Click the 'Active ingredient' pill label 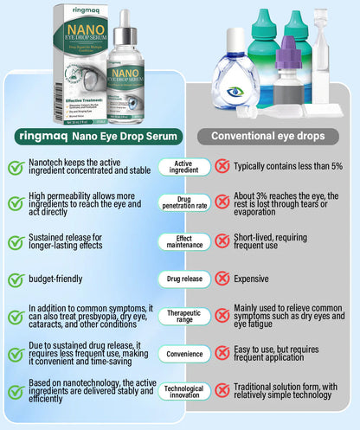coord(183,168)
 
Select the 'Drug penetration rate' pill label coord(183,203)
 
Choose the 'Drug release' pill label coord(183,279)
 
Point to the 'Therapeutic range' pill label coord(183,317)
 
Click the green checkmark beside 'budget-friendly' coord(16,279)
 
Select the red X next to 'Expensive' coord(222,279)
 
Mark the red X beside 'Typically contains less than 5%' coord(222,167)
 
